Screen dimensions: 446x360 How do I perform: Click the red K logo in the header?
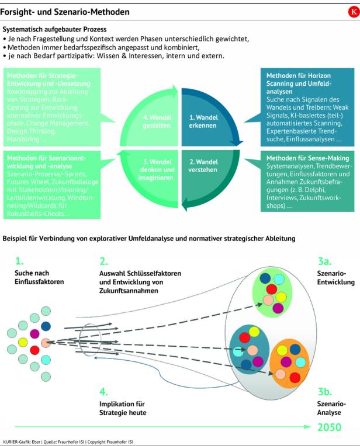point(352,12)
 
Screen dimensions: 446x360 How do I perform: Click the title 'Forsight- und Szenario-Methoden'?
point(65,12)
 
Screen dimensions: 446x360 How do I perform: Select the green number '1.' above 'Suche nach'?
point(19,262)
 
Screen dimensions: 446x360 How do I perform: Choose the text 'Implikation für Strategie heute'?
point(122,409)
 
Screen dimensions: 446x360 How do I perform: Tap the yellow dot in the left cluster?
point(23,340)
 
